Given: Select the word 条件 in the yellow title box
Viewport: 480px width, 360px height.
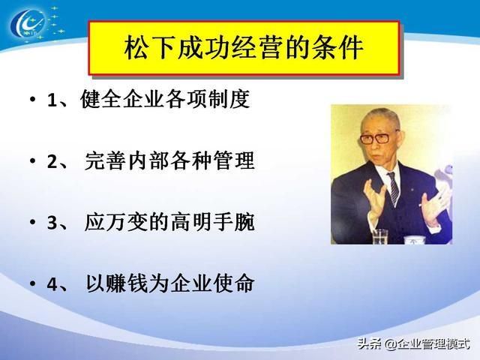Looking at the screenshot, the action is coord(337,48).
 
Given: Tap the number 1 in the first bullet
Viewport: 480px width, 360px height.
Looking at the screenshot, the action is coord(52,100).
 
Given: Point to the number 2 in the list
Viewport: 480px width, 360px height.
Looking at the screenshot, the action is coord(52,162).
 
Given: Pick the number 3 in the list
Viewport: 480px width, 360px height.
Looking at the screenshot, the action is coord(52,223).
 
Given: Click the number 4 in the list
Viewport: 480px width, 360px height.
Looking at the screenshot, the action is coord(52,284).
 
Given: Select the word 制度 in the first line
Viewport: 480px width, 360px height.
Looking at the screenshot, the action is coord(229,99).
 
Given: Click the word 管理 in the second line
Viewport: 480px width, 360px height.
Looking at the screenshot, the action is coord(234,160).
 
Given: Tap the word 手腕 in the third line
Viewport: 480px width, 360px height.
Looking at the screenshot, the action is coord(234,222).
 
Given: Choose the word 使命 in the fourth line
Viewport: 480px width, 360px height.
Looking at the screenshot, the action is coord(234,283).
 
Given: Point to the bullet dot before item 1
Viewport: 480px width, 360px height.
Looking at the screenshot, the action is coord(32,99).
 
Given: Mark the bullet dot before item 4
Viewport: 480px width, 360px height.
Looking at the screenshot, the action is coord(32,283).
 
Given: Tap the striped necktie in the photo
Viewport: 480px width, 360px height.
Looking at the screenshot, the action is coord(394,188).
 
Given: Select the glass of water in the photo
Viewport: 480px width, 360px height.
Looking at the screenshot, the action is coord(380,236).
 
